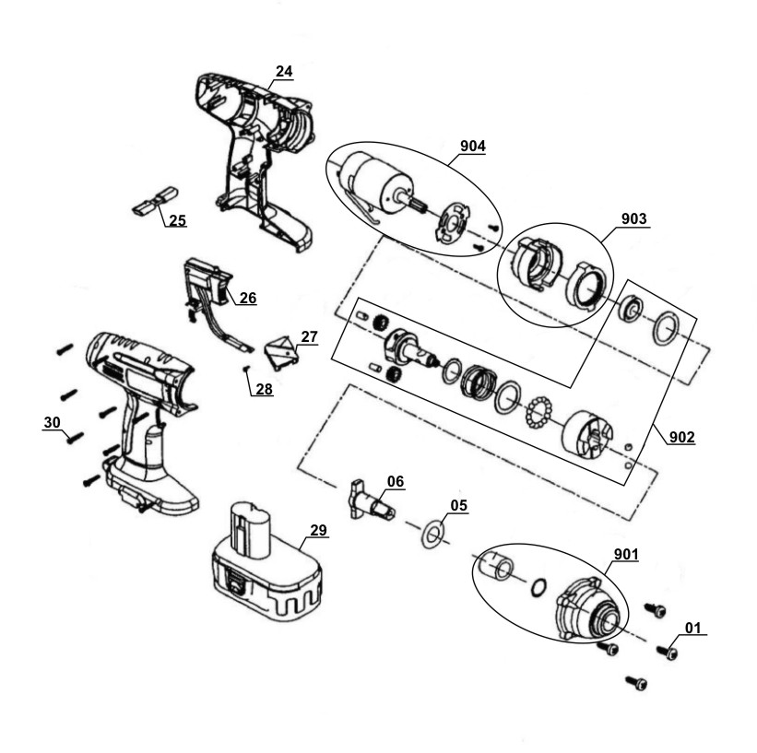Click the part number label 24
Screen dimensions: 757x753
(x=284, y=71)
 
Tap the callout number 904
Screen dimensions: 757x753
(x=473, y=146)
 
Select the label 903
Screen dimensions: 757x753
(x=633, y=218)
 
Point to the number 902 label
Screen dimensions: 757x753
(x=681, y=437)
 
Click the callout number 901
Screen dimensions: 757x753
(x=626, y=555)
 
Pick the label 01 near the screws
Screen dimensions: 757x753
(x=692, y=628)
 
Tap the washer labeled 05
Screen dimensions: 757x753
(x=432, y=534)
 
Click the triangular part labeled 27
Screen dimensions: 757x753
(x=281, y=354)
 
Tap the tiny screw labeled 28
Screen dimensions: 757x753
(x=246, y=370)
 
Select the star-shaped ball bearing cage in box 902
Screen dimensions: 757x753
(x=539, y=412)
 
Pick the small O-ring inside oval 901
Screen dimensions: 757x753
(x=538, y=587)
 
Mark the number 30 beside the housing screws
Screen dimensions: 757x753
(x=53, y=422)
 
